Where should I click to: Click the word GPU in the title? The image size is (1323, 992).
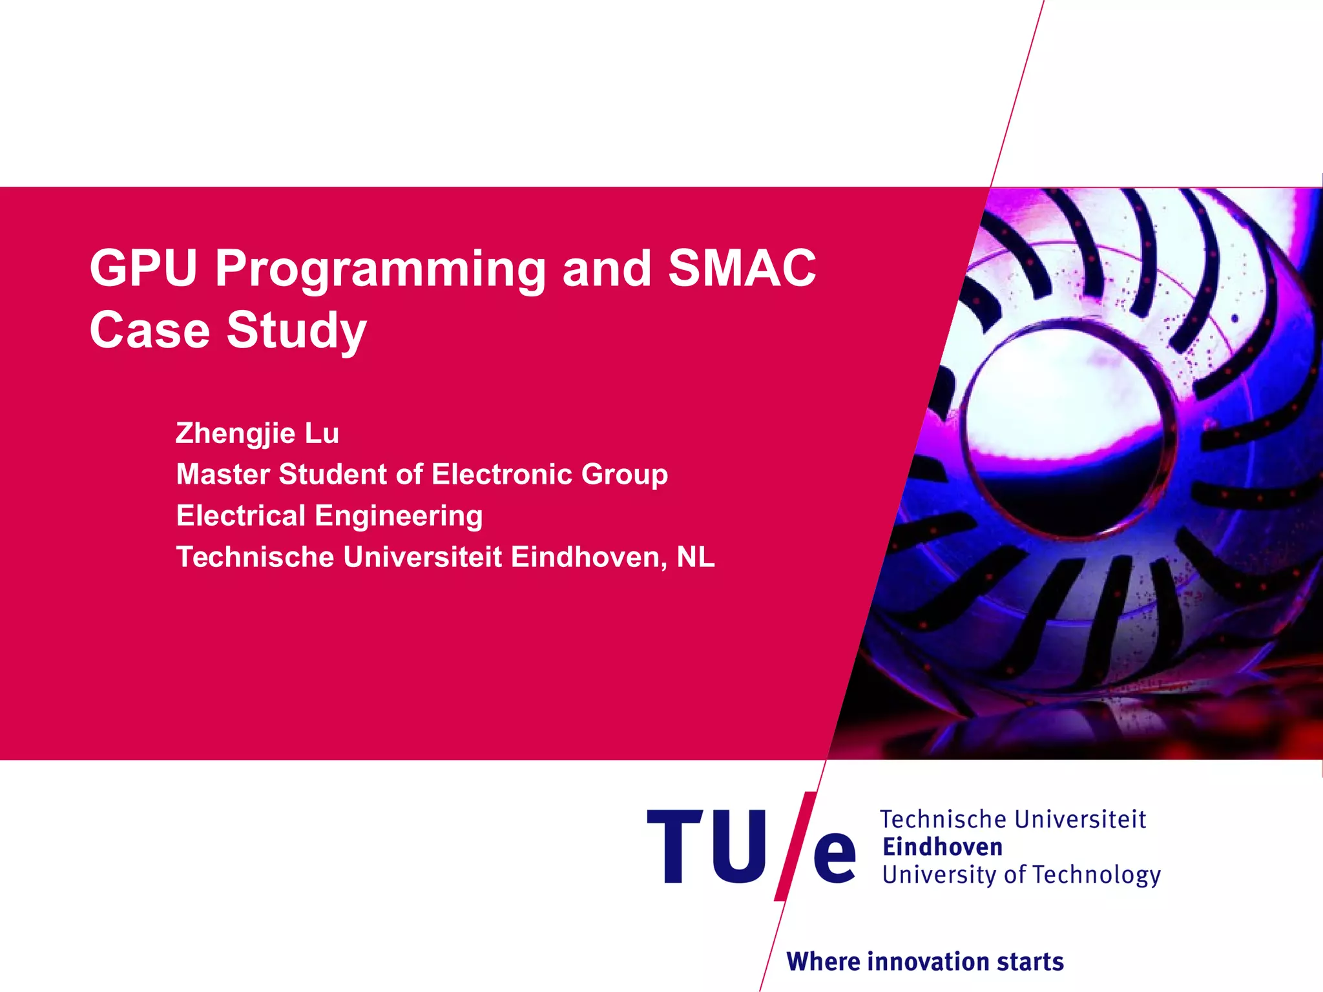[143, 268]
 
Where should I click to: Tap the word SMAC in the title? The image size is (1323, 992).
[742, 268]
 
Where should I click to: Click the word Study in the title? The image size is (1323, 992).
[297, 331]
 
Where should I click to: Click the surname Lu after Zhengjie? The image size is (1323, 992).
[322, 433]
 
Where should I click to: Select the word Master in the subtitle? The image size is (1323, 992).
[223, 475]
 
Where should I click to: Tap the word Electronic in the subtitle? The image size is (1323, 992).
[501, 475]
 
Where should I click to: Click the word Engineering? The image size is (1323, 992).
[399, 516]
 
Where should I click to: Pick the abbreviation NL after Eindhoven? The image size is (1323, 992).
[696, 557]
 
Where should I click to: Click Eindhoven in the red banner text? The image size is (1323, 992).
[588, 557]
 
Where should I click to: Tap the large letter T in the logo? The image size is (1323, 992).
[675, 846]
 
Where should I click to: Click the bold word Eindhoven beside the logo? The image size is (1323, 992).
[943, 847]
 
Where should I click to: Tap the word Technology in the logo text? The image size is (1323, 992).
[1097, 875]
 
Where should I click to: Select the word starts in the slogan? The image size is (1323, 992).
[1030, 962]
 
